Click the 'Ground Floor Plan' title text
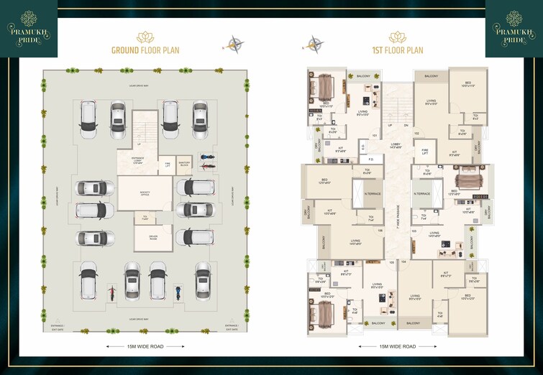145,50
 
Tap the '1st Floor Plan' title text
397,50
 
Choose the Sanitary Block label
184,164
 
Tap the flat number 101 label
375,135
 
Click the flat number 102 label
416,134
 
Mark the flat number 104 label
403,262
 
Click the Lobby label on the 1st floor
396,146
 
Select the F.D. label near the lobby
371,159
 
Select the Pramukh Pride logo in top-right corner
514,28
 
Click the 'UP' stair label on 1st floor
390,124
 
